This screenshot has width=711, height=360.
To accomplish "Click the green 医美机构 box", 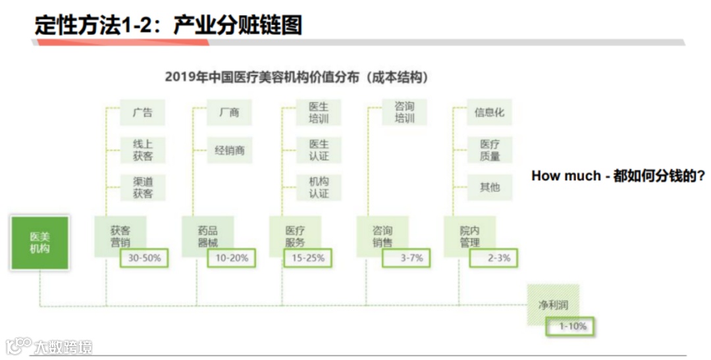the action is point(39,243).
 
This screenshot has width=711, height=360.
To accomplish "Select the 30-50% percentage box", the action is point(144,258).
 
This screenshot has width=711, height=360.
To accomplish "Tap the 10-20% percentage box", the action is point(232,258).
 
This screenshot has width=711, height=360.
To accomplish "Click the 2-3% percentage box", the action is point(494,258).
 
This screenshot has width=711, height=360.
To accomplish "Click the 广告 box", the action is point(142,113).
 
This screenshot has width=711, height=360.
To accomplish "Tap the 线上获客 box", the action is point(142,150).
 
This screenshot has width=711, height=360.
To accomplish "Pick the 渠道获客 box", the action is point(142,188).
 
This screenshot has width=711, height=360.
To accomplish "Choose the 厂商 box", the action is point(230,113).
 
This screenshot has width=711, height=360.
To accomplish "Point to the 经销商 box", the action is point(230,150).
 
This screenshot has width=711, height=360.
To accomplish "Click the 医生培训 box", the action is point(319,113).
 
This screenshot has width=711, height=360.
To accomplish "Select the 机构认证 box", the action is point(319,188).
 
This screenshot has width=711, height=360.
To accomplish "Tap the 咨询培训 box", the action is point(404,113).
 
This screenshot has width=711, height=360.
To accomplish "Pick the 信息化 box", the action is point(489,113).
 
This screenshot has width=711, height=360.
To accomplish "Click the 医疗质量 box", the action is point(490,150).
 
